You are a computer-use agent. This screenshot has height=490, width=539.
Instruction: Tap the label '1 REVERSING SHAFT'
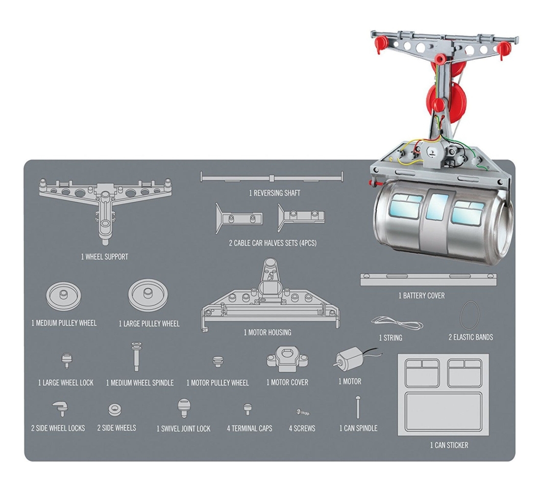click(275, 193)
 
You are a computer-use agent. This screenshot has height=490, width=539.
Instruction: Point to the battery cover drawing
click(428, 280)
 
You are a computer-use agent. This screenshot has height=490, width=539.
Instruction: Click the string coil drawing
click(397, 322)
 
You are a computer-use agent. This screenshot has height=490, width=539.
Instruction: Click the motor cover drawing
click(287, 359)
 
